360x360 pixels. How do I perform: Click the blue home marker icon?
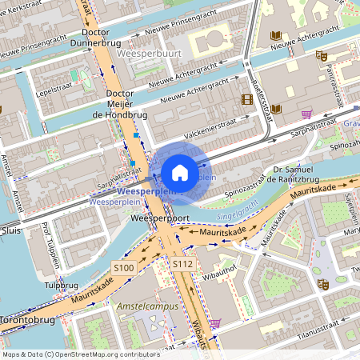pos(180,173)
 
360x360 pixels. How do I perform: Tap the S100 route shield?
pos(123,268)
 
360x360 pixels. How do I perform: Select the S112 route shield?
pos(182,263)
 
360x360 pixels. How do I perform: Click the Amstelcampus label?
pos(144,306)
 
